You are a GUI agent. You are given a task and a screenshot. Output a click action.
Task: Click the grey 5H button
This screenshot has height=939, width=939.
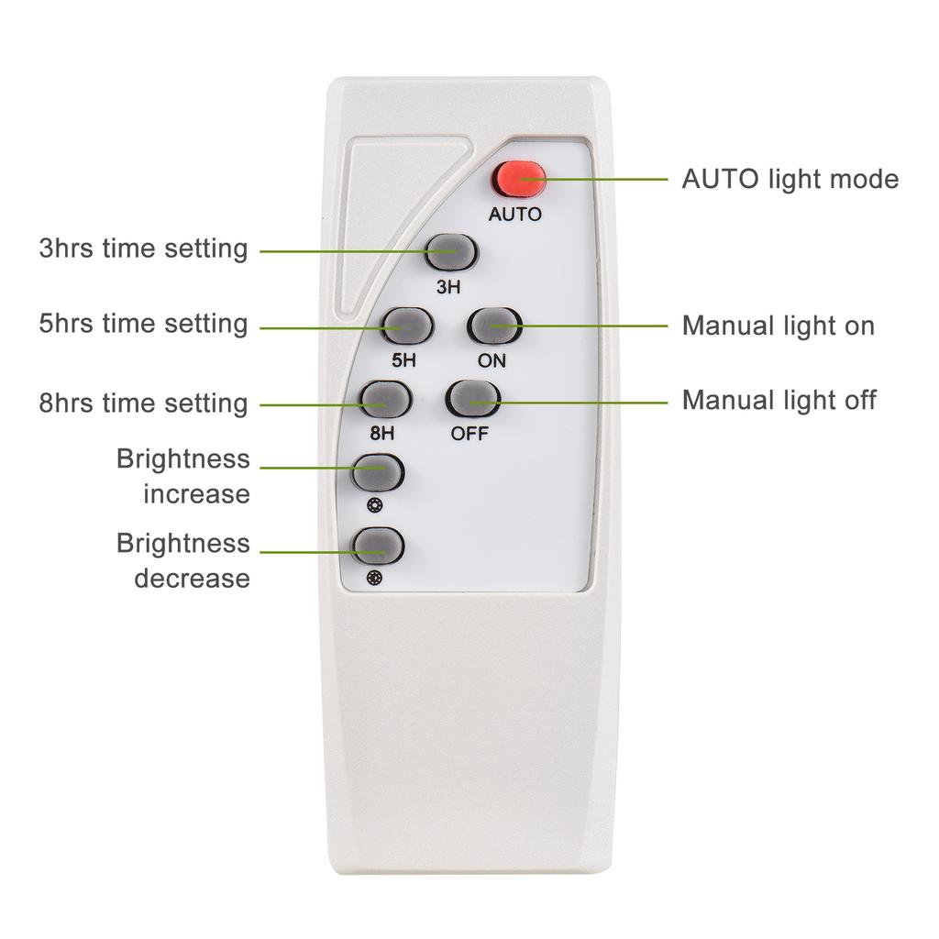[405, 325]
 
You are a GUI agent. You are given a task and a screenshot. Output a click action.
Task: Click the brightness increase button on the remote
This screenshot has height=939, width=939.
[378, 472]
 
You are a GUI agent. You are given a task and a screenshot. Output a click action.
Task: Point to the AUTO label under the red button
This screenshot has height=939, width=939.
[514, 215]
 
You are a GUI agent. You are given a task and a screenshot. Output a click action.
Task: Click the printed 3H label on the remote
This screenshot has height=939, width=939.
[448, 287]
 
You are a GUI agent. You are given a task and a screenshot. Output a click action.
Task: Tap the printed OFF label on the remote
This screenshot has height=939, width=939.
[469, 433]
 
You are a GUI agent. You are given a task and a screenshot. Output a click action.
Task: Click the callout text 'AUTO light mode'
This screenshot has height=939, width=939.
[790, 179]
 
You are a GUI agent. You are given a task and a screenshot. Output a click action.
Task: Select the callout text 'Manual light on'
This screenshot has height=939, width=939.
[778, 326]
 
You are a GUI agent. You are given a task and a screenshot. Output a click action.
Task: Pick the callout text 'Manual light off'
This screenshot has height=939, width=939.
[779, 400]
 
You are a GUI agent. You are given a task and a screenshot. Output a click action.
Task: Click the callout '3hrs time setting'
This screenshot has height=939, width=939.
[143, 249]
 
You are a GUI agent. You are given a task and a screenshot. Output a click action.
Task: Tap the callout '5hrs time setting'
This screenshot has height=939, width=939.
[143, 324]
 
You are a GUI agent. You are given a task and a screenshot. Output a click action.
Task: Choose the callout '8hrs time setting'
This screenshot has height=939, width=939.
[143, 403]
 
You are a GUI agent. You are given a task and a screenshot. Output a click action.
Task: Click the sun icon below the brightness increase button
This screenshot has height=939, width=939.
[373, 505]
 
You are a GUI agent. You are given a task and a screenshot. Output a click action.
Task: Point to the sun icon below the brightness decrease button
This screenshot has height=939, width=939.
[373, 579]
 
